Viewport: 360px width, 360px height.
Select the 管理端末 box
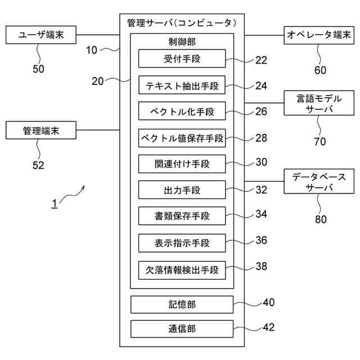pyautogui.click(x=41, y=131)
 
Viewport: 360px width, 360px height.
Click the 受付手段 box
pyautogui.click(x=182, y=58)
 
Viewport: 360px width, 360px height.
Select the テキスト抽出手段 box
pyautogui.click(x=182, y=85)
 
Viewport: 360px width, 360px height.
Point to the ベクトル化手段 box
pyautogui.click(x=182, y=111)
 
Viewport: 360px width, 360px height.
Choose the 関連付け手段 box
pyautogui.click(x=182, y=164)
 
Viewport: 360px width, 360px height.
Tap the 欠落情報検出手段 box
pyautogui.click(x=182, y=269)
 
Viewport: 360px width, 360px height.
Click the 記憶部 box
pyautogui.click(x=182, y=304)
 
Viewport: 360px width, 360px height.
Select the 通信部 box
pyautogui.click(x=182, y=329)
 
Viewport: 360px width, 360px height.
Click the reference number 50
pyautogui.click(x=38, y=69)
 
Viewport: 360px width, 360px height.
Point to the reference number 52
pyautogui.click(x=38, y=165)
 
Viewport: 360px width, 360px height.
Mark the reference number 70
pyautogui.click(x=319, y=142)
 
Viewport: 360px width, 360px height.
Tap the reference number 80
pyautogui.click(x=320, y=219)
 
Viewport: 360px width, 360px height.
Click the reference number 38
pyautogui.click(x=261, y=267)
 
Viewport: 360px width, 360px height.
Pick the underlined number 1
pyautogui.click(x=55, y=204)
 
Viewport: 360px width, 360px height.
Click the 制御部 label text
pyautogui.click(x=182, y=42)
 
